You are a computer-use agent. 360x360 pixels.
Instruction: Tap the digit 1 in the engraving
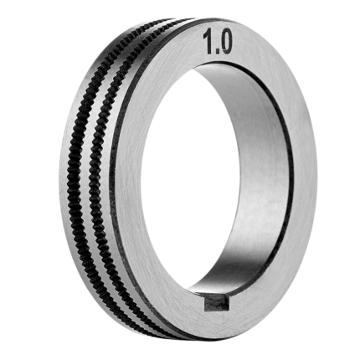(x=208, y=43)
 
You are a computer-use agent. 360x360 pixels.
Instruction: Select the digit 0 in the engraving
(x=225, y=43)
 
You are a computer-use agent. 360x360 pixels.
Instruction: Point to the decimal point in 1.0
(x=216, y=52)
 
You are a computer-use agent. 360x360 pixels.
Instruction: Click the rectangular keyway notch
(x=216, y=304)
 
